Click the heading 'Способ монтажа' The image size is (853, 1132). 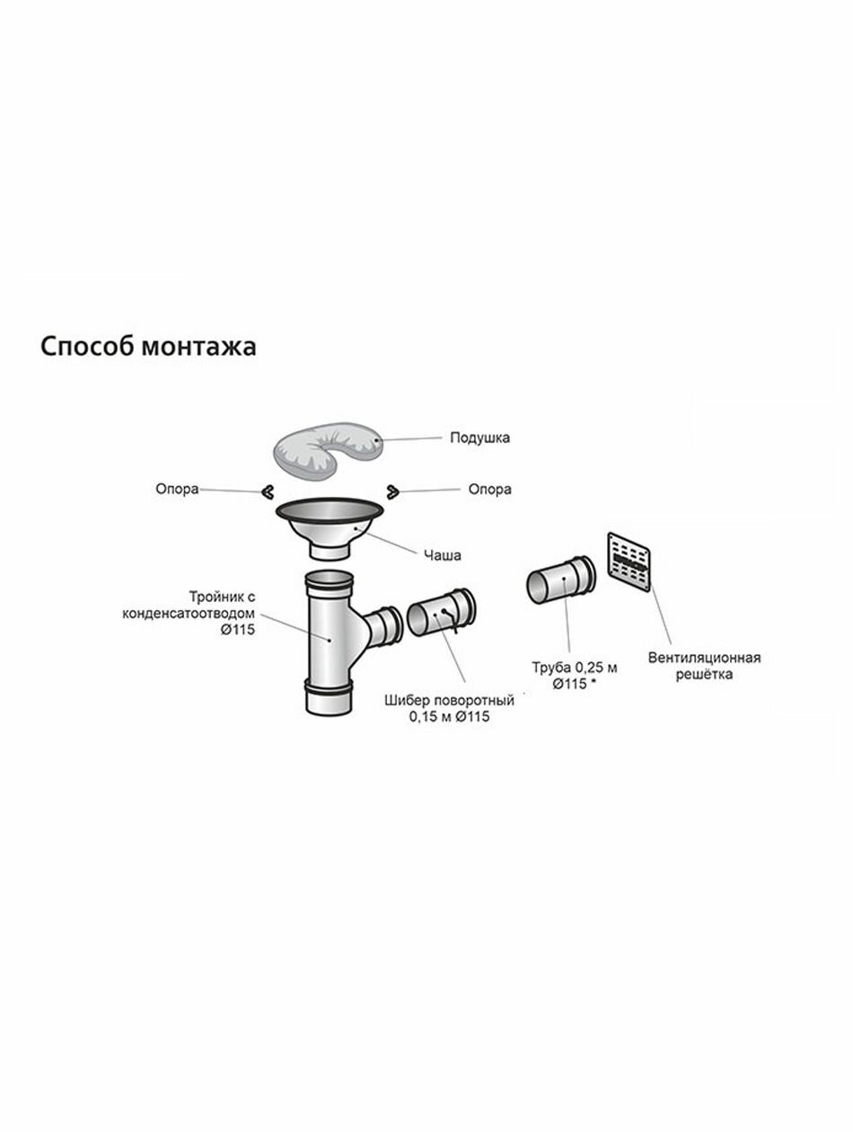pyautogui.click(x=148, y=347)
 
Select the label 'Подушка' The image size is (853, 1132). pyautogui.click(x=479, y=438)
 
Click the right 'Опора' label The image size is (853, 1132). pyautogui.click(x=489, y=490)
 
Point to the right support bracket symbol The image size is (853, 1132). pyautogui.click(x=392, y=490)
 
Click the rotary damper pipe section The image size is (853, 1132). pyautogui.click(x=441, y=616)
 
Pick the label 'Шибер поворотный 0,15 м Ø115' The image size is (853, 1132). pyautogui.click(x=449, y=709)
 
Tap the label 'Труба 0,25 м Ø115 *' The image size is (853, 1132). pyautogui.click(x=575, y=676)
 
